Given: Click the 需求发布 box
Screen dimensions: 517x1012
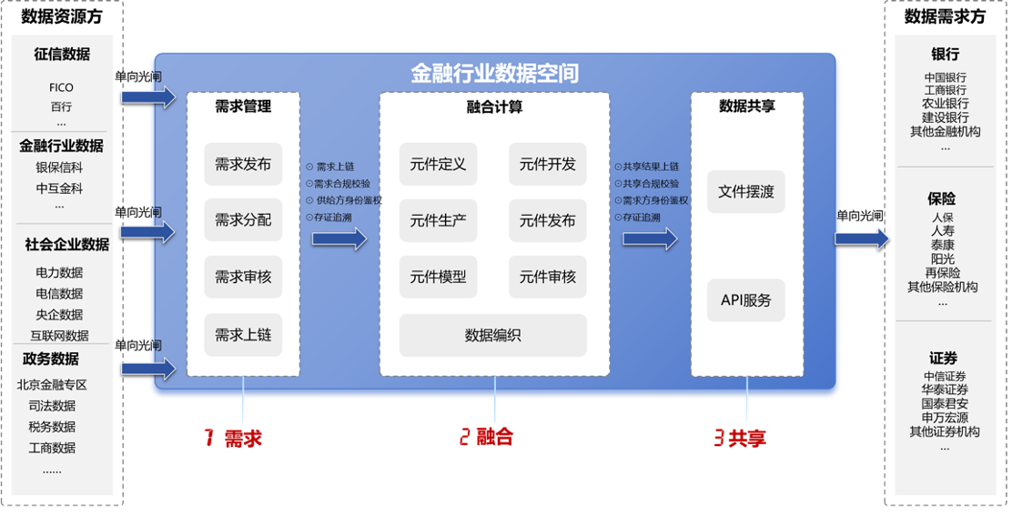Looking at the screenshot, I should tap(243, 165).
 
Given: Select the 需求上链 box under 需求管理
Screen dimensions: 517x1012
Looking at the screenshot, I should tap(243, 335).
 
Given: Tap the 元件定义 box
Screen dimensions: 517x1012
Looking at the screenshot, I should tap(438, 165).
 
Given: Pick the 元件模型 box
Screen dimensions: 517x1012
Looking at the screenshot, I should tap(438, 277).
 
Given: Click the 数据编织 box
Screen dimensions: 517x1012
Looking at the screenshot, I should tap(492, 335).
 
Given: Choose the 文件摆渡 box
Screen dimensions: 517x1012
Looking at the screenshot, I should tap(745, 192).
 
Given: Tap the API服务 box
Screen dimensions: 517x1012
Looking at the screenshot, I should tap(745, 299).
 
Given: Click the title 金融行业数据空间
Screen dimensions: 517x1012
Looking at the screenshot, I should tap(494, 73).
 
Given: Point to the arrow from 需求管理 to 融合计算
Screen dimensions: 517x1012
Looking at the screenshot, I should tap(339, 238).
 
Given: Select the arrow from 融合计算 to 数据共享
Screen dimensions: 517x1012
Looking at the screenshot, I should tap(650, 238).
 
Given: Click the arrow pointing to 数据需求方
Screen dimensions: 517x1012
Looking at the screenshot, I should tap(861, 238).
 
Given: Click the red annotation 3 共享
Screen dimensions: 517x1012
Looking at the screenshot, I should tap(738, 437).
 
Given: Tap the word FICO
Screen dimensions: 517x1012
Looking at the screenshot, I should tap(62, 87).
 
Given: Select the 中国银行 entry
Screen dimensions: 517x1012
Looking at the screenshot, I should tap(945, 77).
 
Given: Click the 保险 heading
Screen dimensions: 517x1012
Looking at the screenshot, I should tap(943, 198).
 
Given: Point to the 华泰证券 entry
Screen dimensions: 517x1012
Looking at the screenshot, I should tap(945, 390).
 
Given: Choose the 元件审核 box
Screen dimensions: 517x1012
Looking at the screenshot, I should tap(547, 277).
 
